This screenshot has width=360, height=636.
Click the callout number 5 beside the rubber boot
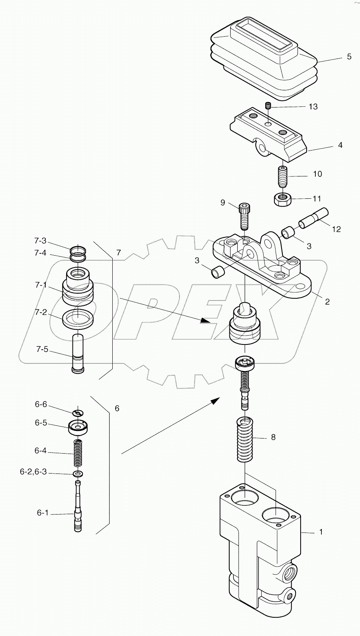coord(349,57)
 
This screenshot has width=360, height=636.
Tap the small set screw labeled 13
coord(268,106)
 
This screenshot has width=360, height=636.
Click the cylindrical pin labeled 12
coord(313,219)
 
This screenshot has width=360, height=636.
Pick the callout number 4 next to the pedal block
coord(340,145)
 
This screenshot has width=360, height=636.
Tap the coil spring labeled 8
coord(245,440)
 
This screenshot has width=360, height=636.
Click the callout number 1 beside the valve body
coord(321,532)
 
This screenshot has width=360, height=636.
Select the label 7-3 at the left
coord(40,241)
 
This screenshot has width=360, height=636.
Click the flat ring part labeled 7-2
coord(78,318)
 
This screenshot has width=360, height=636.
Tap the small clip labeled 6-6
coord(78,412)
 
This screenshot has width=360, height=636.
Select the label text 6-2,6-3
coord(33,472)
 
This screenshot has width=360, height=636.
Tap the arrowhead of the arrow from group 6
coord(215,400)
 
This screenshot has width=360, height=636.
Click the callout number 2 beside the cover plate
coord(327,301)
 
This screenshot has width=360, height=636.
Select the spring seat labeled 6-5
coord(78,427)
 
